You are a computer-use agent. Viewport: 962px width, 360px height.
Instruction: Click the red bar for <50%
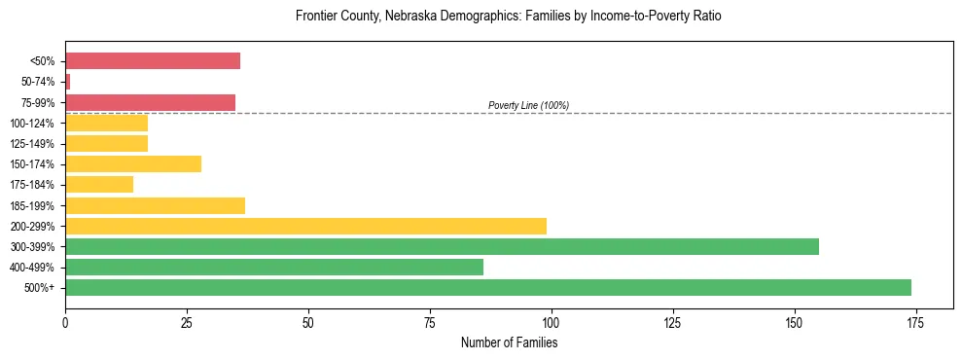point(152,60)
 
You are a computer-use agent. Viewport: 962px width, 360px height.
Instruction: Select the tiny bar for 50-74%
point(67,82)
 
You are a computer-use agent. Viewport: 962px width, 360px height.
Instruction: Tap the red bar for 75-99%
point(150,102)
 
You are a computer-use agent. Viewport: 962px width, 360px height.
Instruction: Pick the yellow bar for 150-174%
point(133,163)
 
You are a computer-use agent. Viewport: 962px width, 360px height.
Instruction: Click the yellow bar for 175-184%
point(99,184)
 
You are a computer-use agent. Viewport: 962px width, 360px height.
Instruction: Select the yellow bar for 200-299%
point(305,226)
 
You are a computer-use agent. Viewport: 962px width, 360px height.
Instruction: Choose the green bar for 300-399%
point(442,246)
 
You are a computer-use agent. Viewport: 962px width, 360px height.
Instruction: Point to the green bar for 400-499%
point(274,267)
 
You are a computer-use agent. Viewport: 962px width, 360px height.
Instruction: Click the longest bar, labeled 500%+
point(488,287)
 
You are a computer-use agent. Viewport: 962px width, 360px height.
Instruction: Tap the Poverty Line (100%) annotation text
point(528,105)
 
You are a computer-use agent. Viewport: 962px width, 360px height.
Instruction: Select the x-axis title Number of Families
point(509,342)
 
